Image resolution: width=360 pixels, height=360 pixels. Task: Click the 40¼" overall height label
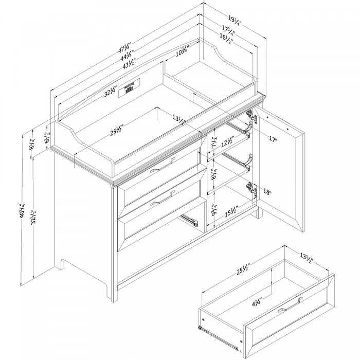pyautogui.click(x=23, y=211)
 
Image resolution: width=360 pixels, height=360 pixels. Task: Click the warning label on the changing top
pyautogui.click(x=129, y=88)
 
